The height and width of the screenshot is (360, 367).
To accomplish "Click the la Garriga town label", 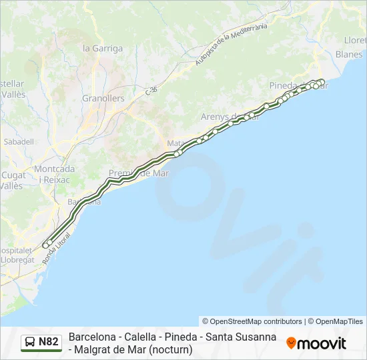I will [x=102, y=48].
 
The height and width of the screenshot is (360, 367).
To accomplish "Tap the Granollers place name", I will [x=103, y=98].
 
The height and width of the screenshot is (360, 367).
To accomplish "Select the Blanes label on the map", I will [x=348, y=54].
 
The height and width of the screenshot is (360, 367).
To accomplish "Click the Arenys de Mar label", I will [x=230, y=116].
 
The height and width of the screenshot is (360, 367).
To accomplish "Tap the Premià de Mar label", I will [x=138, y=173].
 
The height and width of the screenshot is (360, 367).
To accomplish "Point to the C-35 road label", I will [x=151, y=90].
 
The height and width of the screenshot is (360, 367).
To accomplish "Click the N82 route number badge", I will [x=48, y=342].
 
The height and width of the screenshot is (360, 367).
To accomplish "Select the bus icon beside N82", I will [x=31, y=343].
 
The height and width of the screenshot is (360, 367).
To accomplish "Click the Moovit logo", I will [x=316, y=343].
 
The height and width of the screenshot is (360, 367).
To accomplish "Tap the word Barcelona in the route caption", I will [x=93, y=337].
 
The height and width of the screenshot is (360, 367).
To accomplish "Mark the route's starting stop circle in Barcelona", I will [x=46, y=245].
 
